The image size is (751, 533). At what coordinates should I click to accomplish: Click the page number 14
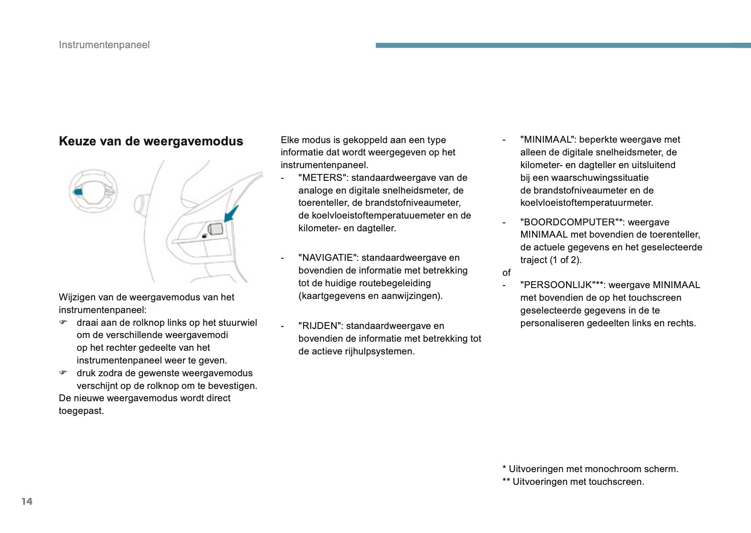coord(27,501)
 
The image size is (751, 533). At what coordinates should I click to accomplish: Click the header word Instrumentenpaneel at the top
coord(104,45)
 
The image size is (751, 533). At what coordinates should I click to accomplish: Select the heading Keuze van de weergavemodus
coord(151,141)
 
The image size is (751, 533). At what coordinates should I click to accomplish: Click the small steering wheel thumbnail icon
coord(93,191)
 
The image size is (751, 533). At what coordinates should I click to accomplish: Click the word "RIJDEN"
coord(320,326)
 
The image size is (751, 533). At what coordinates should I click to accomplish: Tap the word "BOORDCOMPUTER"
coord(569,222)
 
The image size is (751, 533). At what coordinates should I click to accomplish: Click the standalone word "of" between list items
coord(507,273)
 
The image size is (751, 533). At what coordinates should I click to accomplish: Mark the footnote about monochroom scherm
coord(590,469)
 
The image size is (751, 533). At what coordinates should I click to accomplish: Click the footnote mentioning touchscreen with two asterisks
coord(573,482)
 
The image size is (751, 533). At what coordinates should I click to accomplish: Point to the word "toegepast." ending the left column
coord(81,411)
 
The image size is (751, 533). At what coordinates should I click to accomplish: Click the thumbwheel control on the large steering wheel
coord(216,229)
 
